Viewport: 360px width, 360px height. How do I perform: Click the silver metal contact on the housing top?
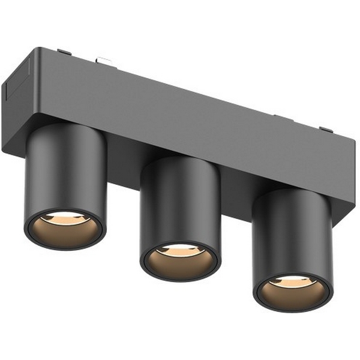click(x=104, y=60)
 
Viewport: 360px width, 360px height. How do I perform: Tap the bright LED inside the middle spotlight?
click(x=180, y=249)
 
